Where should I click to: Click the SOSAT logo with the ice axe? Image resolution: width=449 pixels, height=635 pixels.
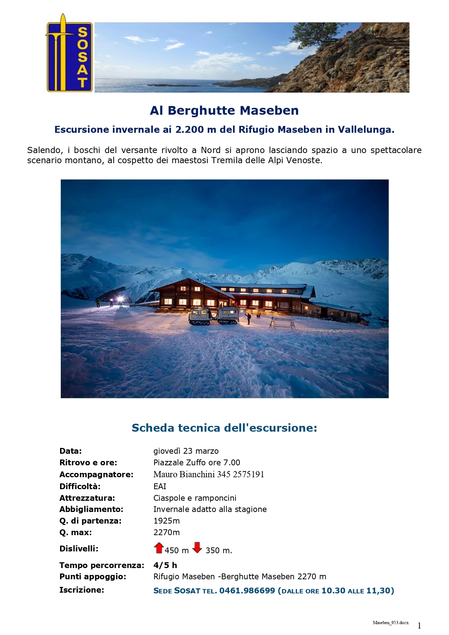coord(69,53)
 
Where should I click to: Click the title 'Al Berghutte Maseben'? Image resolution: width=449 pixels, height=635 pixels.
coord(224,110)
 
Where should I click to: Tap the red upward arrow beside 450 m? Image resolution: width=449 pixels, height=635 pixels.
coord(158,548)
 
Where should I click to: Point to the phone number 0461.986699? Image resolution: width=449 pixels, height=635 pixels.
coord(247,590)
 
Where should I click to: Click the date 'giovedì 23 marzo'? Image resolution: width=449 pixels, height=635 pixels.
coord(186,451)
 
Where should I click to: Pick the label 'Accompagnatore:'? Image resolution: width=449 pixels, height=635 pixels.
coord(96,474)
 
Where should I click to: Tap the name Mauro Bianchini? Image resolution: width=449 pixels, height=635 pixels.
coord(184,474)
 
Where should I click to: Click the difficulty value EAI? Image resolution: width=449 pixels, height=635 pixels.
coord(160,486)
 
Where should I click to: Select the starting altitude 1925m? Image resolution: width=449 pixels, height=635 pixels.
coord(166,521)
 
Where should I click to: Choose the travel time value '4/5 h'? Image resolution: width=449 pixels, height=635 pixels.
coord(165,565)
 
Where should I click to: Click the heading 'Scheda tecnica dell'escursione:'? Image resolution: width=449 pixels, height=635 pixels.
coord(224,428)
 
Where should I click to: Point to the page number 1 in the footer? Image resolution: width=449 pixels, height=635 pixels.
coord(419,626)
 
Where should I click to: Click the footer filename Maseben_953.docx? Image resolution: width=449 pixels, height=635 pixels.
coord(390,623)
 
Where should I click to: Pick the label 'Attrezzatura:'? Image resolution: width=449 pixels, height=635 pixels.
coord(87,498)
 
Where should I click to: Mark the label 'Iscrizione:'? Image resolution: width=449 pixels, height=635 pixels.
coord(81,590)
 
